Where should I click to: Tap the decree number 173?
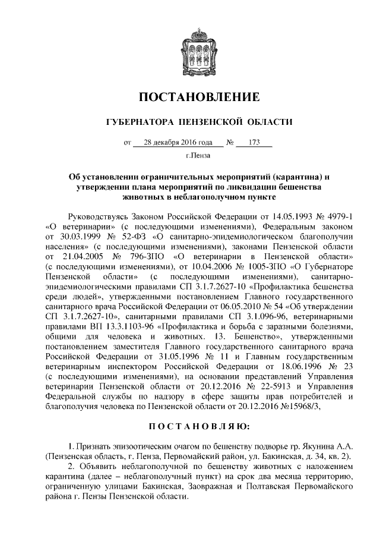point(256,143)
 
